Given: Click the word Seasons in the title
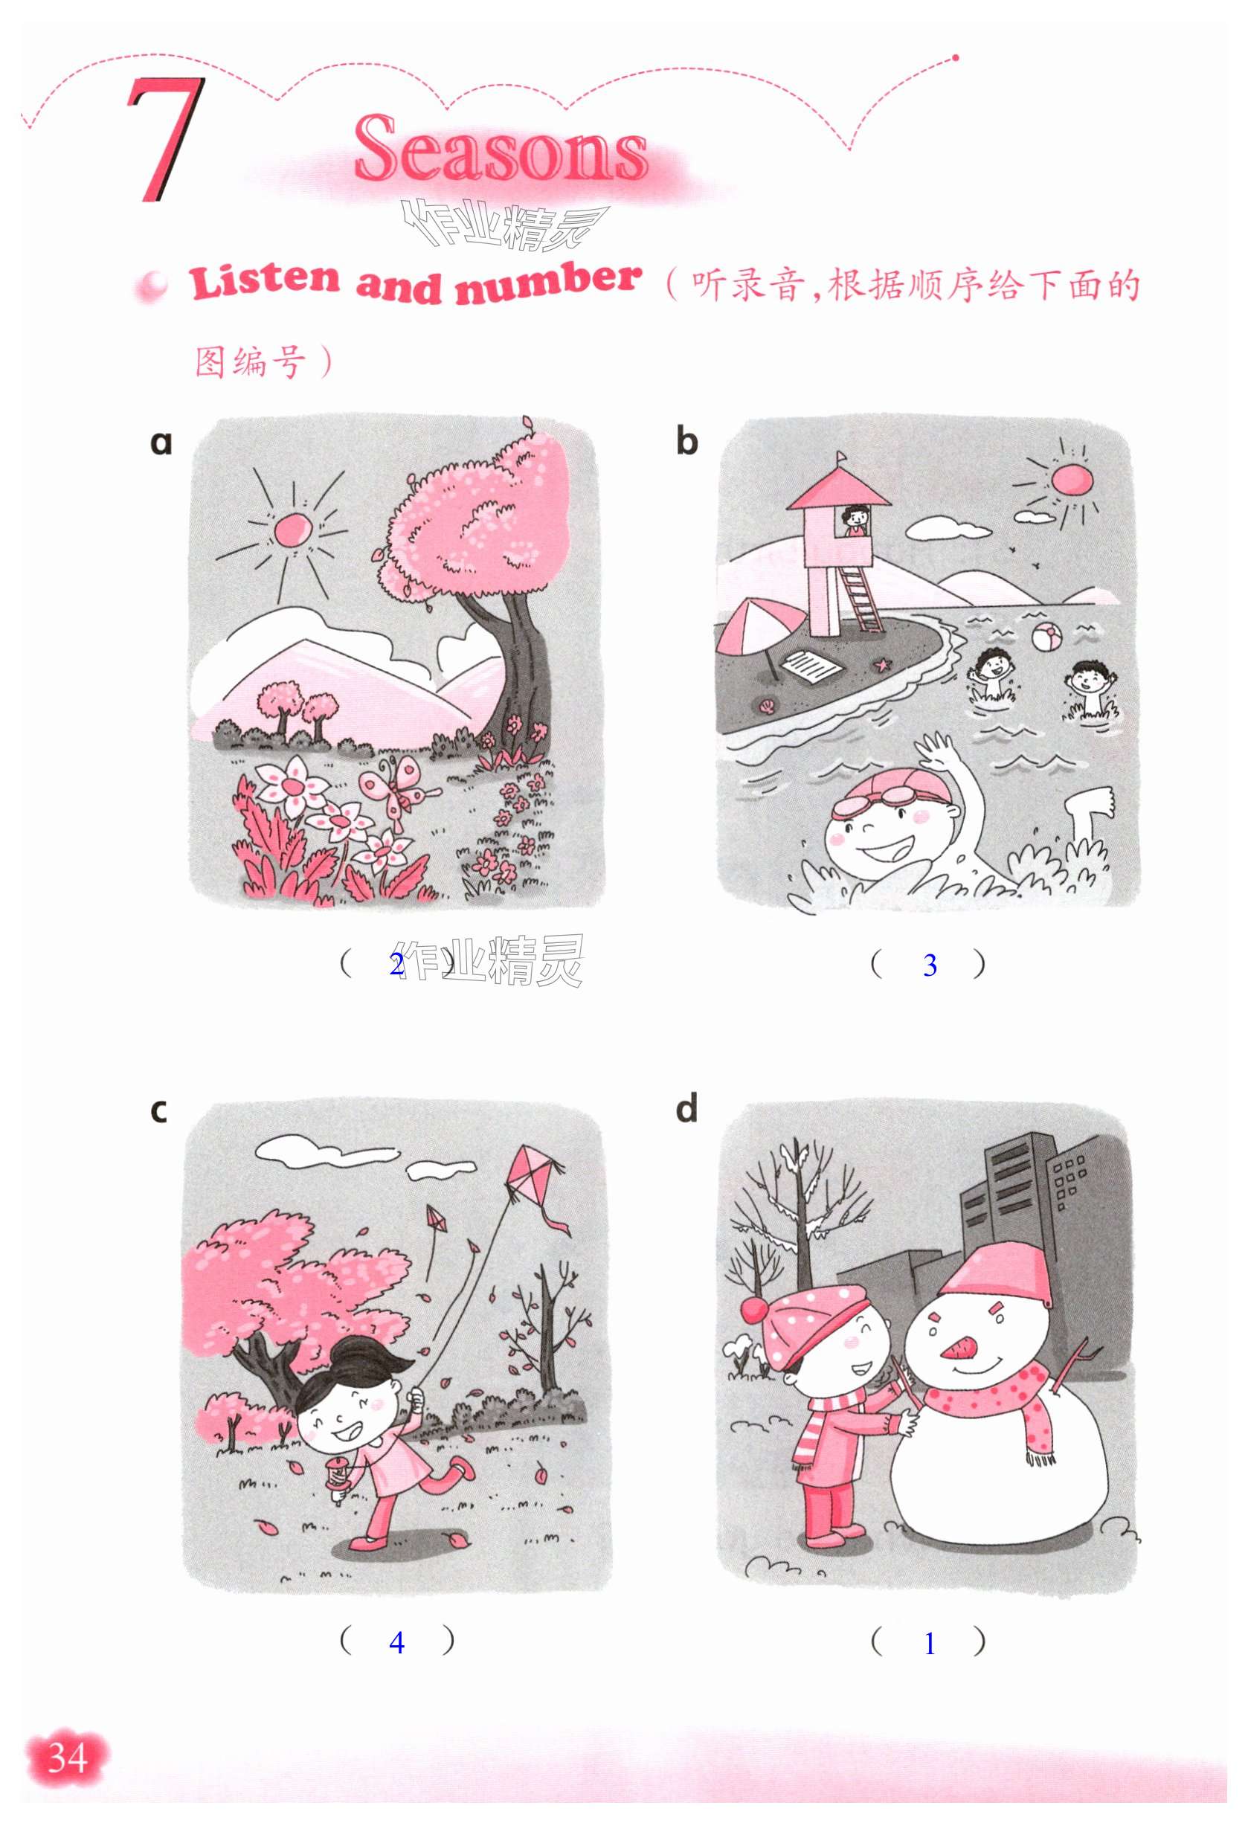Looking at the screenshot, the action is pos(501,149).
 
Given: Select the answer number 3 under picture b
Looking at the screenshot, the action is pos(930,965).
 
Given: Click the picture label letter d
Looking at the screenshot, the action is pos(686,1110).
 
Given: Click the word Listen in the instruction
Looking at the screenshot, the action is pos(265,282).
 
